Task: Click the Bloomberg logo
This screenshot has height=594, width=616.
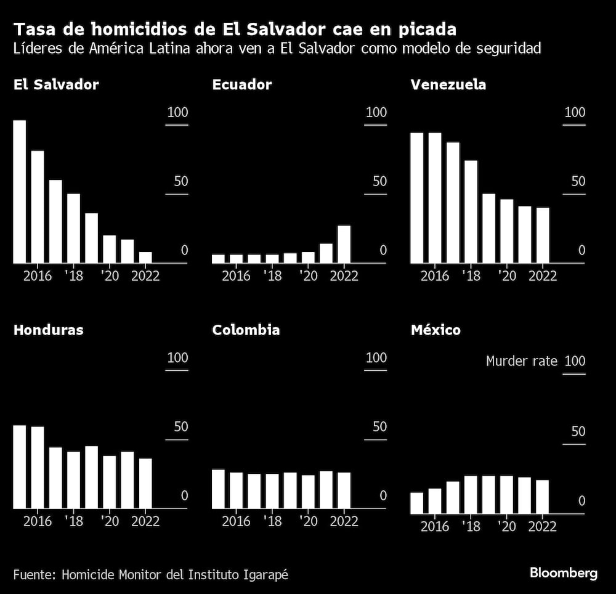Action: point(563,573)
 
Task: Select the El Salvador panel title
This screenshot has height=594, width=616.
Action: point(56,85)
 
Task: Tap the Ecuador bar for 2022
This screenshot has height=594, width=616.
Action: point(344,244)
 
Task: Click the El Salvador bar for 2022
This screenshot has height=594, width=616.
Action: point(145,258)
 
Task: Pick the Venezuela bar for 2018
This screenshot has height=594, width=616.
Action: point(471,211)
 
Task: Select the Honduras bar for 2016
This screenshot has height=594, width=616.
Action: point(38,467)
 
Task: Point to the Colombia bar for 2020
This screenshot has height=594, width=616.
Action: point(308,491)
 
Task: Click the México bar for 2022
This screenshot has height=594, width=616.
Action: point(542,497)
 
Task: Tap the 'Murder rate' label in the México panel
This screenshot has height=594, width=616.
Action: point(521,361)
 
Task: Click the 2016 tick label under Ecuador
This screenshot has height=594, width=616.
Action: point(236,275)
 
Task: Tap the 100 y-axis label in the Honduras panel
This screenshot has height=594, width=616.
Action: point(177,358)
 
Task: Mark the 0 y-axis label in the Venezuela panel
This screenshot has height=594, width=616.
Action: point(580,250)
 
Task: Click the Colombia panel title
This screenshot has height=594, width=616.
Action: point(246,330)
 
